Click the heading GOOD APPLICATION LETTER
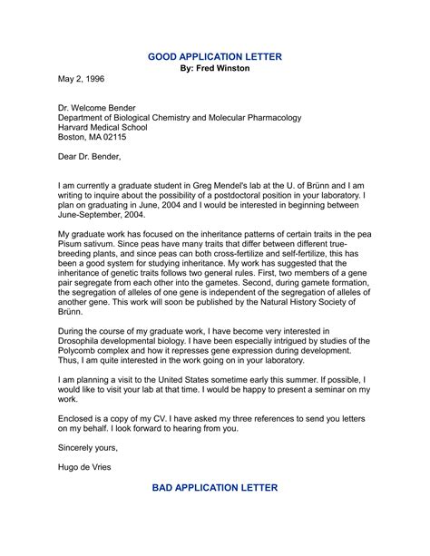215,56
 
